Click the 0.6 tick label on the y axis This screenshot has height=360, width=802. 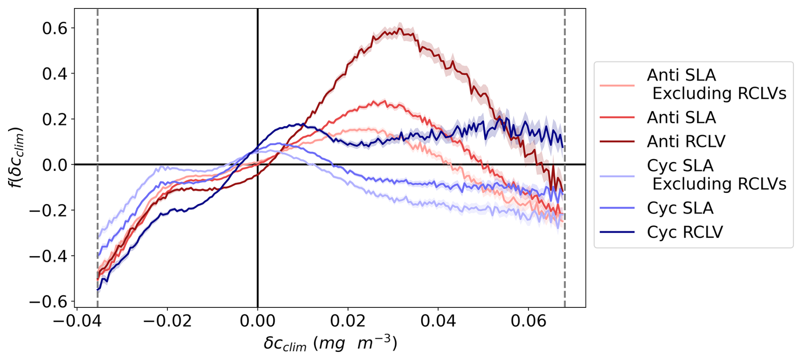55,28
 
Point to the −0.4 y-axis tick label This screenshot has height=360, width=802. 48,256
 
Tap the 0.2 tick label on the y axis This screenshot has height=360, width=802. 55,120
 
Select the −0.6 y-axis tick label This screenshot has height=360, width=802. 48,302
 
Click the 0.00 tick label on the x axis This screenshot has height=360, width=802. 257,321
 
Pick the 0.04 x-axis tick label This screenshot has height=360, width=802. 438,321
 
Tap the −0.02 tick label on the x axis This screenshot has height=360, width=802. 167,321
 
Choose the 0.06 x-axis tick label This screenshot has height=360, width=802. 528,321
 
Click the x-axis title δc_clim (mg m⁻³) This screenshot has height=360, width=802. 330,343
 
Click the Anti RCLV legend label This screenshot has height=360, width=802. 686,141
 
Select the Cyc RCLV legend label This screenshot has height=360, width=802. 685,232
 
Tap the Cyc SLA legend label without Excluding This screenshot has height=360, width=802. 680,208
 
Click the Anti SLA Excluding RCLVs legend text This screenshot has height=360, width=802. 716,84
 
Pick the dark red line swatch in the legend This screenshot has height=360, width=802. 617,142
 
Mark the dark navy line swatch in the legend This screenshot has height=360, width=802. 617,232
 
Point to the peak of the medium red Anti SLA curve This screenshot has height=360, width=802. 384,101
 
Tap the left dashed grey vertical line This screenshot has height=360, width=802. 97,127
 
